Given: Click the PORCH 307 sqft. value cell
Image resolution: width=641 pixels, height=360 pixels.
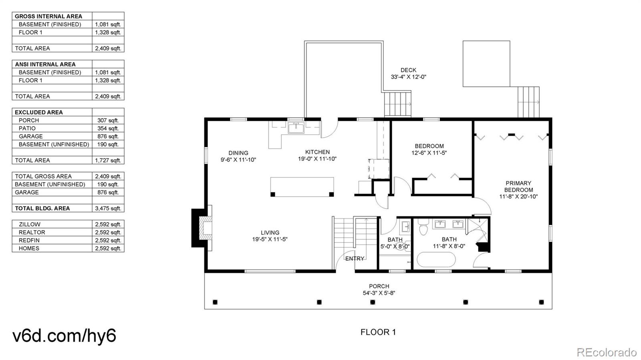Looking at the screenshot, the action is pos(108,121).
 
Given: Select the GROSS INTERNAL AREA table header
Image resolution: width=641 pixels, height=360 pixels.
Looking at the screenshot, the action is pos(48,16).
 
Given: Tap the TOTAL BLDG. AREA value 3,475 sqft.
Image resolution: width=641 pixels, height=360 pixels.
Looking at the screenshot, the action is pos(108,209).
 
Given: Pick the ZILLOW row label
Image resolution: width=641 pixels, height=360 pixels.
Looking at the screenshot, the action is pos(30,225).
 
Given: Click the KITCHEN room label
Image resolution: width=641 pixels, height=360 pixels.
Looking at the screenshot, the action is pos(317,152).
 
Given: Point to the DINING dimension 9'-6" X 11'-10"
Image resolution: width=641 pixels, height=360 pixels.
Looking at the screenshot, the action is pos(238,160).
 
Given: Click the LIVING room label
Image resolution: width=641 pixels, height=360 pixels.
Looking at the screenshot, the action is pos(270,233).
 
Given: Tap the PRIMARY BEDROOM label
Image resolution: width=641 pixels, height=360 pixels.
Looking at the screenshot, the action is pos(518,187).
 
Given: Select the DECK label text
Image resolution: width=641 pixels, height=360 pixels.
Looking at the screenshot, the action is pos(408,70).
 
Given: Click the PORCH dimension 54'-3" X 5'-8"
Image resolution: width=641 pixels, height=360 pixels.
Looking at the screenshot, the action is pos(379,293).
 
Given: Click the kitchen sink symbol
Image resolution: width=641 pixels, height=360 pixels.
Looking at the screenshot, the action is pos(296,128).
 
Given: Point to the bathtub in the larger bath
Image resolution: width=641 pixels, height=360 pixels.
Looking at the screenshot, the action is pos(436,259).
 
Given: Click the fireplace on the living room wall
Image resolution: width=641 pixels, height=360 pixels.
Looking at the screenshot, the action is pos(202,228).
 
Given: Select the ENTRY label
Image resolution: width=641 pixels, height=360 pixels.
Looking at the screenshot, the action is pos(355,259).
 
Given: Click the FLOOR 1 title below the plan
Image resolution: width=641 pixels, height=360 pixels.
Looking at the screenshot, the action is pos(378,332).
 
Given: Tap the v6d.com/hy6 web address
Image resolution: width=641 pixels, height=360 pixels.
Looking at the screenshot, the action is pos(65,336).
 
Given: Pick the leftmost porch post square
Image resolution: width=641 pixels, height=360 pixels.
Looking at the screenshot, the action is pos(215,302).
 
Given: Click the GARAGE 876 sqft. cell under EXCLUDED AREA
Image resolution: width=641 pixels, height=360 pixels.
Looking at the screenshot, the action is pos(108,137).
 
